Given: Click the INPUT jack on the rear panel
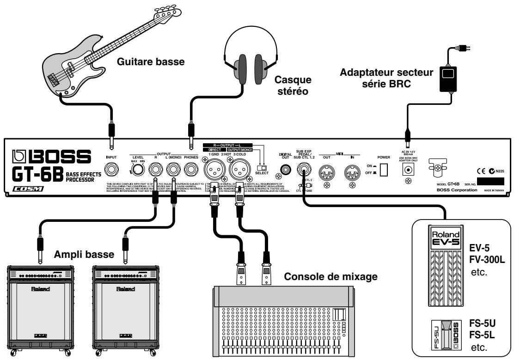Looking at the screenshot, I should [x=111, y=169].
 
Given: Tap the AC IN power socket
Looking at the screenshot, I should [x=407, y=171].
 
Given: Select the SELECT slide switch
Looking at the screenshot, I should [x=262, y=167].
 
